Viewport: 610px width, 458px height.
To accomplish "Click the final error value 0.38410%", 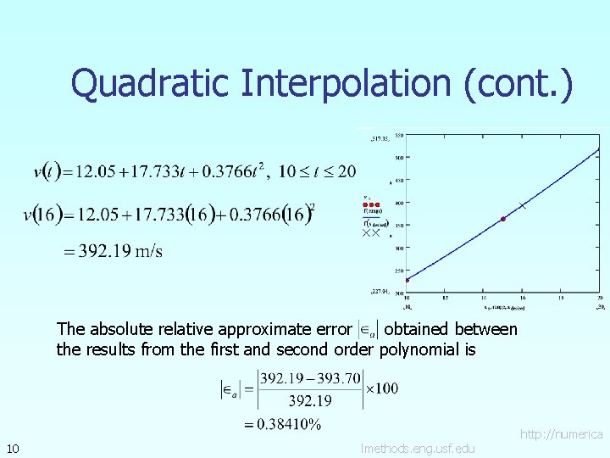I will (x=282, y=425).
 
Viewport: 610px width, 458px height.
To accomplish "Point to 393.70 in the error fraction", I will (x=341, y=377).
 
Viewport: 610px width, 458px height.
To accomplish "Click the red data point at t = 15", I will (x=503, y=219).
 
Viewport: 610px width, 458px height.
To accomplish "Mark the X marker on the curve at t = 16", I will (x=523, y=205).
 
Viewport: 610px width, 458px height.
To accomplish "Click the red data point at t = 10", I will (x=407, y=280).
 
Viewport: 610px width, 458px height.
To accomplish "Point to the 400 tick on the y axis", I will (x=397, y=202).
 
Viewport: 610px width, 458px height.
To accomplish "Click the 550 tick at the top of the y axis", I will (x=398, y=134).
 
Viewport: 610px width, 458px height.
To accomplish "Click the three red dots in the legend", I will (x=371, y=204).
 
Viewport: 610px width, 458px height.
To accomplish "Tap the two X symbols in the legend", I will (x=371, y=232).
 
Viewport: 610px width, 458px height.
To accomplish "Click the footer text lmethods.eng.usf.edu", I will (x=417, y=448).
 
